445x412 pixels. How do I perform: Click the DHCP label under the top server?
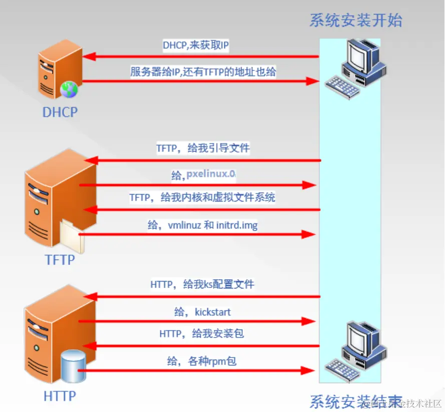pos(60,111)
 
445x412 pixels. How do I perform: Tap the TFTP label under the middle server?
pos(60,259)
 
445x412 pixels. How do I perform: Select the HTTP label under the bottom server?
pos(60,396)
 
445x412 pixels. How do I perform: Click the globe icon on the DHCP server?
pos(69,89)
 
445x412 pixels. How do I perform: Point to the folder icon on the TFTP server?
pos(72,235)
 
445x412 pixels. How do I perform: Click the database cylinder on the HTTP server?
pos(73,366)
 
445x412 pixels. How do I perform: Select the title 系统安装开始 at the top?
pos(355,20)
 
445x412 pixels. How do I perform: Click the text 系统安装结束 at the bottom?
pos(355,401)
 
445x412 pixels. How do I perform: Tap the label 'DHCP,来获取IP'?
pos(196,45)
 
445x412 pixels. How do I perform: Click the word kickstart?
pos(213,312)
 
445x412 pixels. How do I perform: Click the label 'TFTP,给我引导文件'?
pos(203,148)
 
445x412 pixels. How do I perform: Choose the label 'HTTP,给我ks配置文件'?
pos(202,284)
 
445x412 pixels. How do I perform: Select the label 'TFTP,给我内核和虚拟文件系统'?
pos(202,197)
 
